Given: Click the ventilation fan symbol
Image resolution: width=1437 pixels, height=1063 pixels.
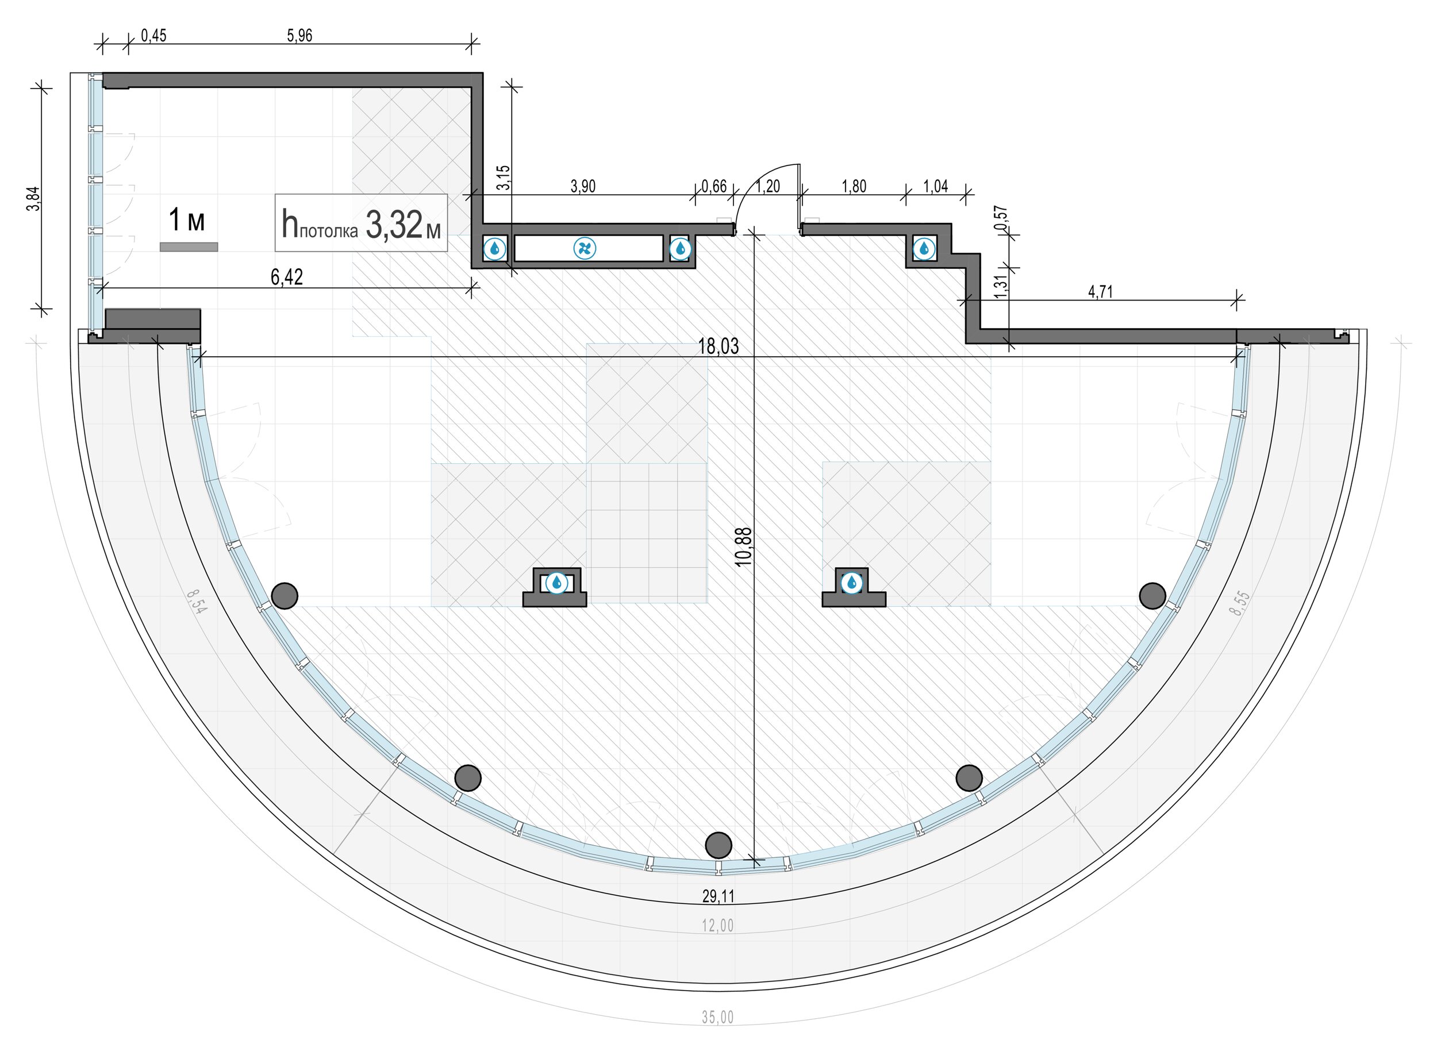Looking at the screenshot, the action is [x=585, y=248].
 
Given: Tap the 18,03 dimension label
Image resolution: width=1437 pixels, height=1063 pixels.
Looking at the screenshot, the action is [x=718, y=346].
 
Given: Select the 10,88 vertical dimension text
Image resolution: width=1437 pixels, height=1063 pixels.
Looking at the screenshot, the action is [x=743, y=546].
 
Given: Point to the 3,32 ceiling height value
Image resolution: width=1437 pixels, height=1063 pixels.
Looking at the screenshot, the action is [x=393, y=224].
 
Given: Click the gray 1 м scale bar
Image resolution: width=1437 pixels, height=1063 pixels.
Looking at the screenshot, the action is [x=189, y=247].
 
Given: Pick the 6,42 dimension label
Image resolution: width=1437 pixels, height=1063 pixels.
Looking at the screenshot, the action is [x=286, y=278].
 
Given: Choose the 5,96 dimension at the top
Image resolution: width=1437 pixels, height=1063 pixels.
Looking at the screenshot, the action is [x=299, y=36].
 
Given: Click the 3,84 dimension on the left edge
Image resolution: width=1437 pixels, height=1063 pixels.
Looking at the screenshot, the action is [x=34, y=198].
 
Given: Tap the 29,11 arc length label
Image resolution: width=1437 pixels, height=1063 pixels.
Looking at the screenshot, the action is [x=718, y=896].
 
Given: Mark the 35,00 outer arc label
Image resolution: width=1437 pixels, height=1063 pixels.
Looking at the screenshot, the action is [x=717, y=1017].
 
